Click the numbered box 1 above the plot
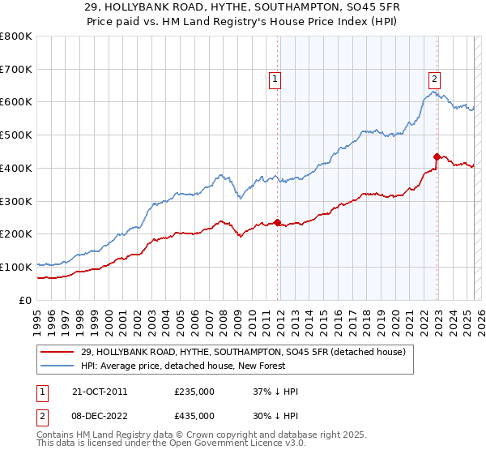pos(275,79)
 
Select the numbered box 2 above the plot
pos(435,79)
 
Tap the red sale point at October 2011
pos(277,222)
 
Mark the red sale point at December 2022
pos(437,156)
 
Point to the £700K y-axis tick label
pos(16,70)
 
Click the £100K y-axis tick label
pos(16,267)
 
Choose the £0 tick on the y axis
pos(24,300)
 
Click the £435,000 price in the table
pos(194,415)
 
